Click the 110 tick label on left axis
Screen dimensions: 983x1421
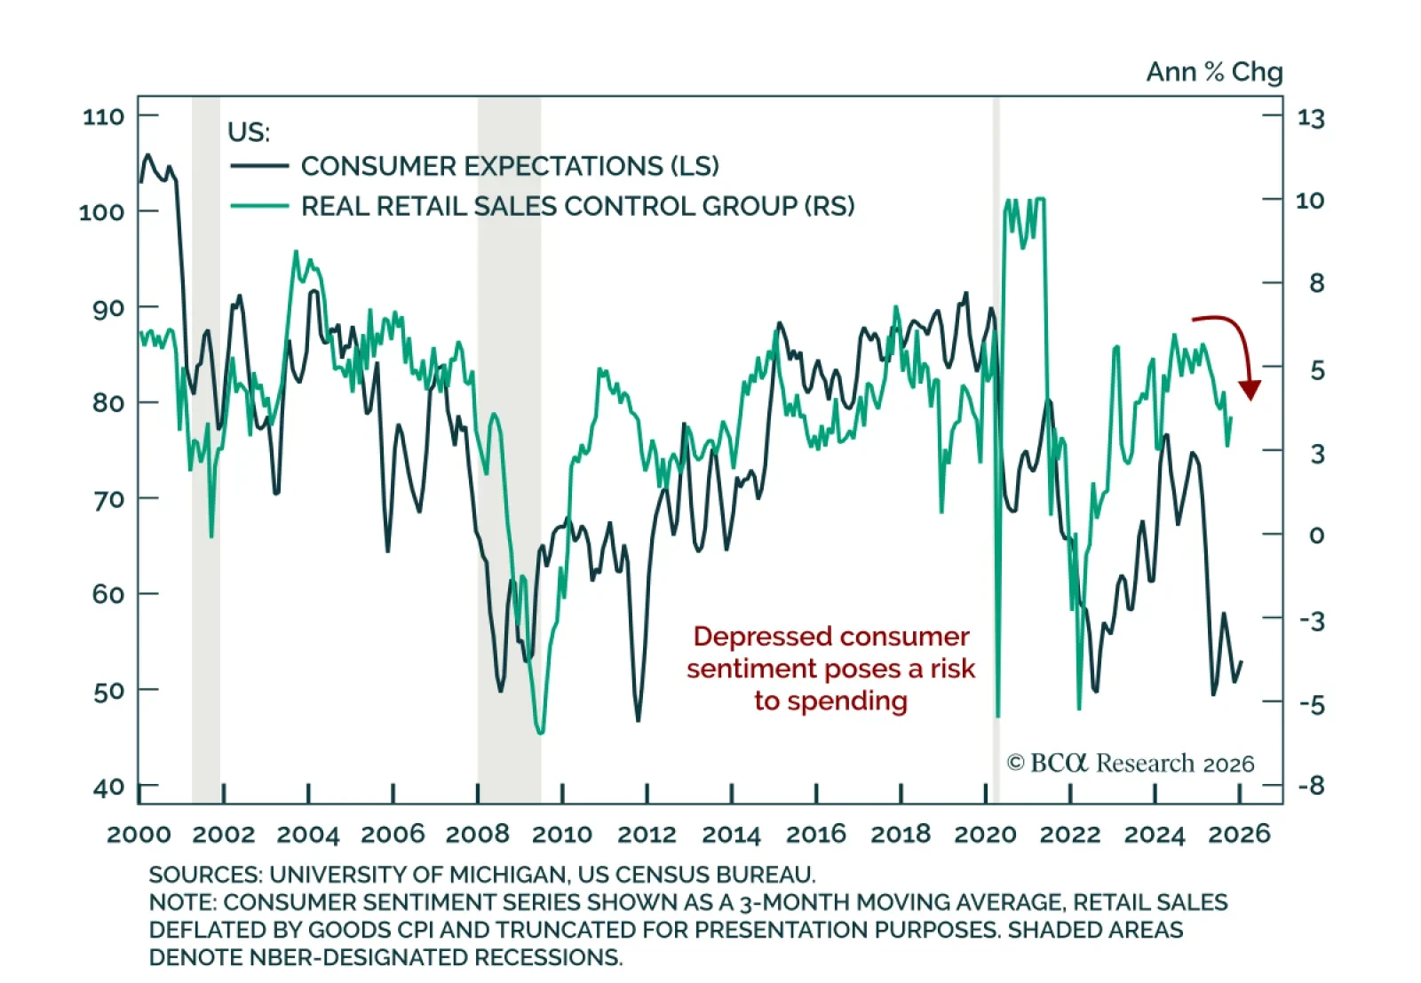[103, 117]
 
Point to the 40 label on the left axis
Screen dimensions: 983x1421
[108, 788]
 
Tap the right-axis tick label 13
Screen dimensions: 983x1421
[1310, 118]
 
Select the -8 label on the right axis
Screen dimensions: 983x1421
[1311, 786]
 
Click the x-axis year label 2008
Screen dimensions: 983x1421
[478, 835]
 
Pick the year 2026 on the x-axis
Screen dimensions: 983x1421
[1240, 835]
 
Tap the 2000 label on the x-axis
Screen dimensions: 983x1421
[139, 835]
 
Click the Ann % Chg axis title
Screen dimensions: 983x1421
[1214, 72]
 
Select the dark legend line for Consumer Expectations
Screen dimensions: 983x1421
[259, 166]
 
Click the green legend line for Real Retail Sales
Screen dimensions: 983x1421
[259, 206]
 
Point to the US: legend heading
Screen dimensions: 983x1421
[249, 132]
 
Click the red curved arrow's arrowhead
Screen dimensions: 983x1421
[1250, 390]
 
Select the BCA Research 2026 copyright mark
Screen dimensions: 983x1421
[1131, 764]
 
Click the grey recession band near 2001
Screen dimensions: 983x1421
[206, 444]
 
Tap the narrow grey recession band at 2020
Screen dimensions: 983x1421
[996, 444]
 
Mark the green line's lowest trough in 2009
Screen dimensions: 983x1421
[540, 732]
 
